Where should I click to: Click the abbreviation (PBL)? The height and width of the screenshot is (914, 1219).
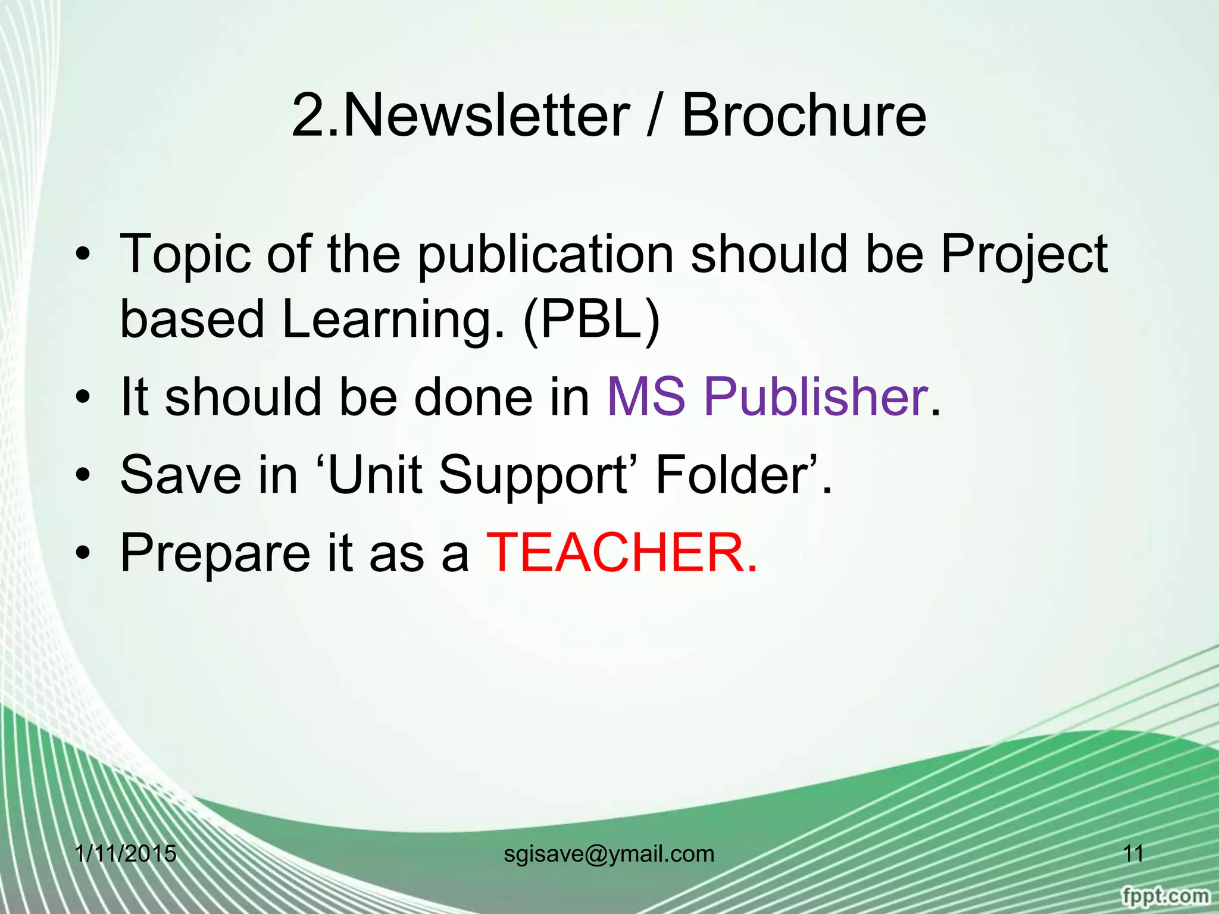pyautogui.click(x=592, y=320)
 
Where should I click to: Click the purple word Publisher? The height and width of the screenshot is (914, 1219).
pyautogui.click(x=815, y=397)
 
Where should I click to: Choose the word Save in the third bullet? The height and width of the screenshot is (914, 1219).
pyautogui.click(x=179, y=474)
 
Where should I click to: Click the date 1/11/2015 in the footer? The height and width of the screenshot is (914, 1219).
pyautogui.click(x=126, y=854)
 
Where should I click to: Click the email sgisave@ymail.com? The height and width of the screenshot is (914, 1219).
pyautogui.click(x=609, y=854)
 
